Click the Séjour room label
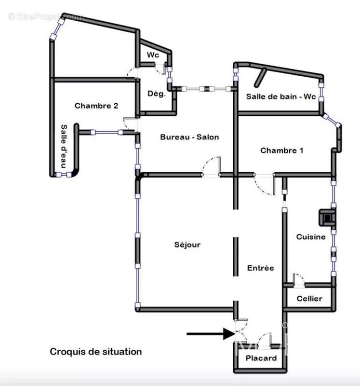pyautogui.click(x=187, y=245)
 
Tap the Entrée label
pyautogui.click(x=260, y=268)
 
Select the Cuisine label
pyautogui.click(x=310, y=236)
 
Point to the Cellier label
pyautogui.click(x=309, y=299)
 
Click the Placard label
pyautogui.click(x=261, y=358)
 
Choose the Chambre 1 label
pyautogui.click(x=281, y=151)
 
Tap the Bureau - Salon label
pyautogui.click(x=189, y=137)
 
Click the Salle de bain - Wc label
pyautogui.click(x=280, y=96)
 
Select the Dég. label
pyautogui.click(x=156, y=94)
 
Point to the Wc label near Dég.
pyautogui.click(x=153, y=55)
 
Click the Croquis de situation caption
pyautogui.click(x=96, y=352)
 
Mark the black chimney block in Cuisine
pyautogui.click(x=328, y=217)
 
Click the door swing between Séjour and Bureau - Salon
pyautogui.click(x=211, y=166)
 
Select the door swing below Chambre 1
pyautogui.click(x=264, y=184)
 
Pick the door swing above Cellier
pyautogui.click(x=298, y=279)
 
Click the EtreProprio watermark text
pyautogui.click(x=46, y=16)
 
